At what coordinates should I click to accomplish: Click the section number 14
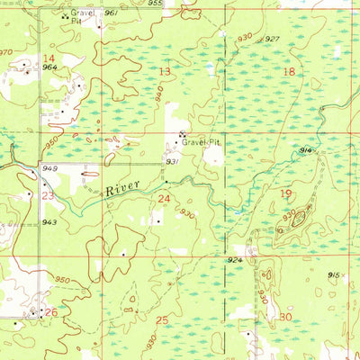[48, 58]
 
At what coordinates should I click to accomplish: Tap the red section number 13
[165, 71]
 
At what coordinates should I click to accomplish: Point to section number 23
[47, 194]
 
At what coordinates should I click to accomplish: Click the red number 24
[165, 198]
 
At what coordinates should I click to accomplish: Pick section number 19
[286, 194]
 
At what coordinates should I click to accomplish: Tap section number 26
[51, 312]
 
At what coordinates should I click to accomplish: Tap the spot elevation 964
[49, 67]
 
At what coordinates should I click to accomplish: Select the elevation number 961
[111, 14]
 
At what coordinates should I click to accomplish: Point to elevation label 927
[272, 39]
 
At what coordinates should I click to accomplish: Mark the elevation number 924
[235, 259]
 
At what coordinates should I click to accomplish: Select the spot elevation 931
[173, 161]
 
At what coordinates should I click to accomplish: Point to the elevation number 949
[49, 168]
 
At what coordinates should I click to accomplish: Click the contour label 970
[6, 53]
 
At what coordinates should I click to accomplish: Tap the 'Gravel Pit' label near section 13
[201, 142]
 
